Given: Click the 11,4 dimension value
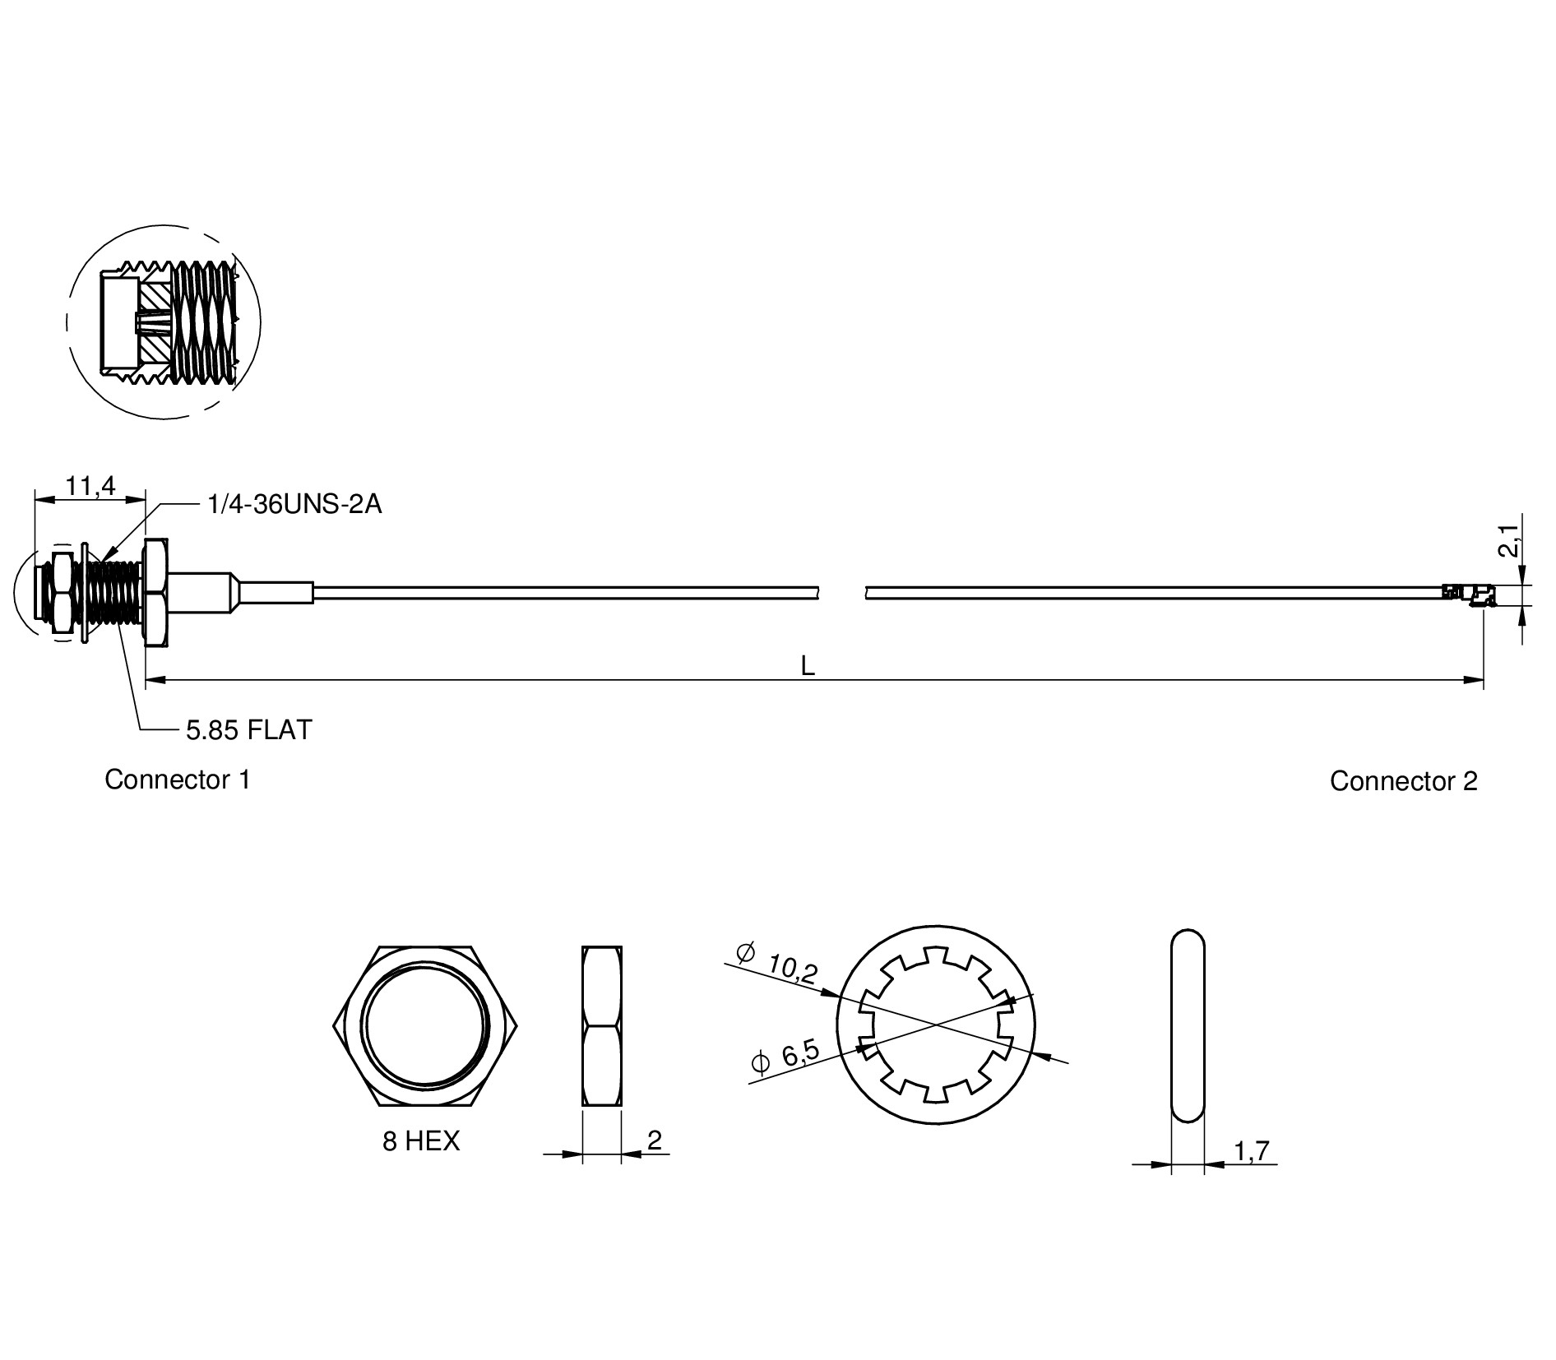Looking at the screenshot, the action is coord(90,486).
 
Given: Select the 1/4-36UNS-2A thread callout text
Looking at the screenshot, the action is coord(294,504).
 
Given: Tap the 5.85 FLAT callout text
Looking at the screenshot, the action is coord(248,729).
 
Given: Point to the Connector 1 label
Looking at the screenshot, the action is coord(178,779).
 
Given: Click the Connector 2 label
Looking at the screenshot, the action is coord(1404,781).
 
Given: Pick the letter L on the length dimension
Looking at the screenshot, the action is coord(808,667).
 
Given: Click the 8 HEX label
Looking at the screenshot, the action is coord(421,1140).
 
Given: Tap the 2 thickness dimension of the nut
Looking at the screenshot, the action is coord(655,1140).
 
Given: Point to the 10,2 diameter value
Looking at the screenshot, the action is coord(792,969).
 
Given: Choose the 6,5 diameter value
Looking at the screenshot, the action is coord(799,1053).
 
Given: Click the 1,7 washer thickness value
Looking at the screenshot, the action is coord(1252,1151).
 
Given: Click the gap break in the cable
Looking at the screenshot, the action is coord(843,593).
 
